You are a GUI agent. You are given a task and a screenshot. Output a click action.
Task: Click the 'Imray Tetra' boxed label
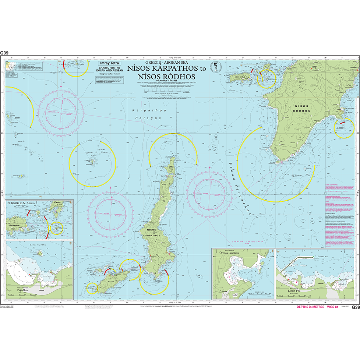pyautogui.click(x=107, y=64)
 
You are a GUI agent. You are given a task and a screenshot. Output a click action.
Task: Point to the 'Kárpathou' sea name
pyautogui.click(x=143, y=110)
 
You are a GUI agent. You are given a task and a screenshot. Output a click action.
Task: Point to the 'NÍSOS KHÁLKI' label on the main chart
pyautogui.click(x=237, y=77)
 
